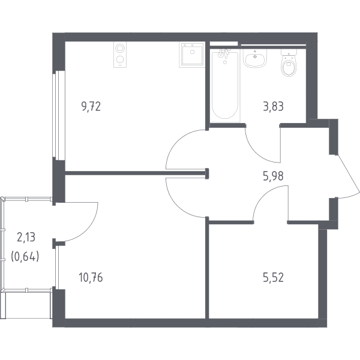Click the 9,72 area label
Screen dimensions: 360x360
point(91,107)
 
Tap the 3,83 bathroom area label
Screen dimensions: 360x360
point(273,107)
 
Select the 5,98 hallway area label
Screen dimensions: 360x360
point(273,176)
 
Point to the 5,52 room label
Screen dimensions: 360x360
point(273,277)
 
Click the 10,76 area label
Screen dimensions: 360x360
point(91,277)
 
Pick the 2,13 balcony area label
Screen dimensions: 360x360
point(26,237)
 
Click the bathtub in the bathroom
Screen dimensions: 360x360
point(225,85)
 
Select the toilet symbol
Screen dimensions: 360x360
point(289,62)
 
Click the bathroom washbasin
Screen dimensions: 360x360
point(255,58)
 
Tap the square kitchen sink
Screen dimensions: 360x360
point(192,55)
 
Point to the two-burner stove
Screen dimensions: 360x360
point(120,55)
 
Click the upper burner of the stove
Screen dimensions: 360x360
point(120,49)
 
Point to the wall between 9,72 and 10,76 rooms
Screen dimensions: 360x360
point(136,173)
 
